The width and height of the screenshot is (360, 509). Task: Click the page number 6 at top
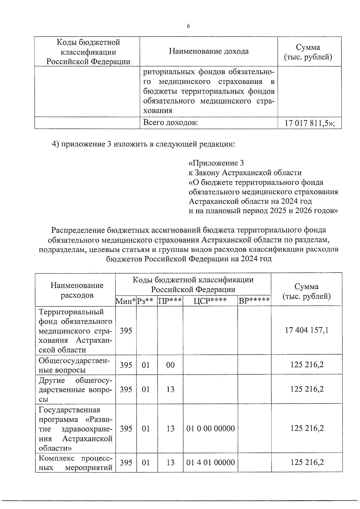click(x=188, y=26)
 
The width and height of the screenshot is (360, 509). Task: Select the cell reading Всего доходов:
click(x=171, y=122)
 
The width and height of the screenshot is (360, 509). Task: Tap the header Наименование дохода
click(x=208, y=51)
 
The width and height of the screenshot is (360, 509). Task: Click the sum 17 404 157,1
click(x=307, y=330)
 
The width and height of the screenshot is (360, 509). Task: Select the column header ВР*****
click(x=254, y=301)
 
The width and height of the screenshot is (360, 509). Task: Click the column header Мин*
click(x=126, y=301)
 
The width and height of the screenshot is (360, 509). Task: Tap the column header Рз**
click(x=147, y=301)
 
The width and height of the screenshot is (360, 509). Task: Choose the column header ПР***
click(x=170, y=301)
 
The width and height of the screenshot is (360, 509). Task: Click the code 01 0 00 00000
click(x=210, y=429)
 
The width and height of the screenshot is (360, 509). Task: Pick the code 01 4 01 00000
click(x=210, y=463)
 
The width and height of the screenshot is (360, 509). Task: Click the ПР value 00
click(x=170, y=365)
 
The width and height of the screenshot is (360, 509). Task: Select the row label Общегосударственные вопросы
click(x=75, y=365)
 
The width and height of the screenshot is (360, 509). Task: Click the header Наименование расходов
click(x=77, y=290)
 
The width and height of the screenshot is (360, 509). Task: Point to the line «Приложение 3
click(x=216, y=163)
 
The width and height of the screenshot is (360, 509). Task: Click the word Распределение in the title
click(x=77, y=230)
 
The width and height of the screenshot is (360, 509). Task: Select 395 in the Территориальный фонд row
click(x=126, y=331)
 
